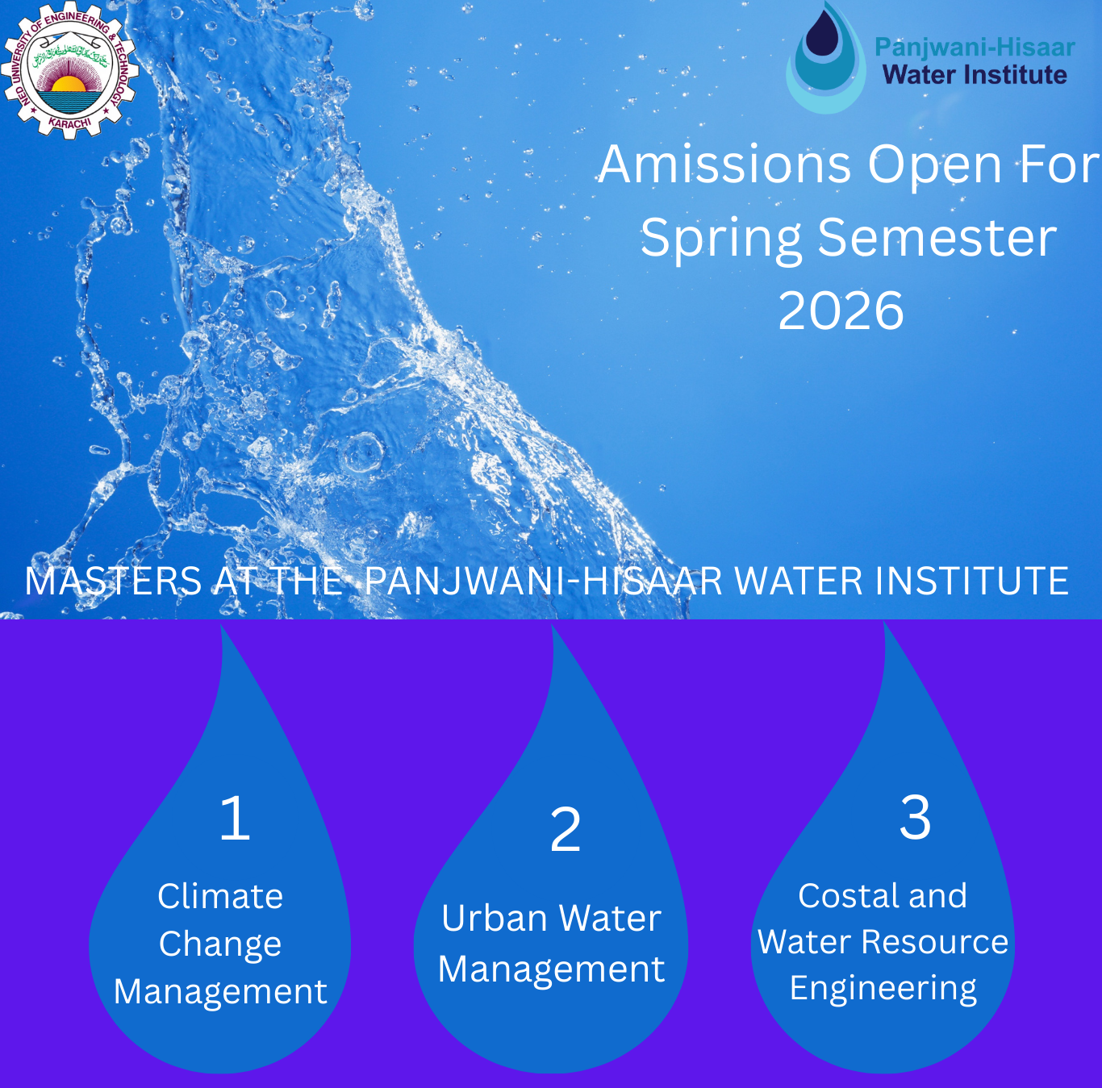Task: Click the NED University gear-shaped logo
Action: (69, 70)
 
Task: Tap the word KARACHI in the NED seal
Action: (69, 121)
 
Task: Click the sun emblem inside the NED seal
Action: (69, 84)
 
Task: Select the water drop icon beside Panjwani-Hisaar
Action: (825, 57)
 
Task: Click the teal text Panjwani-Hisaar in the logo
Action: (975, 48)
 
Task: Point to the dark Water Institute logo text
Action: (975, 75)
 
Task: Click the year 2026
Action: (841, 311)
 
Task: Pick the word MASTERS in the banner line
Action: (113, 581)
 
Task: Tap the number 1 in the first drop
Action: (235, 818)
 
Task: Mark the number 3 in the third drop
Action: (915, 818)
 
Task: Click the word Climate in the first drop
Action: (220, 896)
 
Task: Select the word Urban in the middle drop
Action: (494, 919)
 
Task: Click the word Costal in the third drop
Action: (845, 895)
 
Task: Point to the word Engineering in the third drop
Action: (883, 989)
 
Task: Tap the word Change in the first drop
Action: (220, 944)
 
